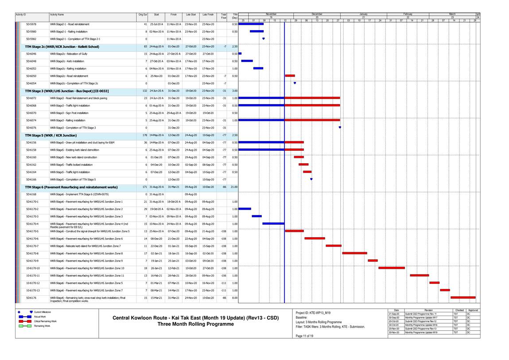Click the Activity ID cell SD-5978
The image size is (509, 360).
(x=31, y=24)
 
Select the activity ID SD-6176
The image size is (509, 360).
(x=31, y=297)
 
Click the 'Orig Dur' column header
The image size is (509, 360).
(x=143, y=15)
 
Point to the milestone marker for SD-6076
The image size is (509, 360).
(x=340, y=127)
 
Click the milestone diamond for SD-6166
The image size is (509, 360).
(x=311, y=179)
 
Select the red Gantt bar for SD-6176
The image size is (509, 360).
(x=462, y=297)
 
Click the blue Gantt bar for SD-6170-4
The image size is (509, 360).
(x=273, y=223)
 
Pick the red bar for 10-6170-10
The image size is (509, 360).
(x=391, y=268)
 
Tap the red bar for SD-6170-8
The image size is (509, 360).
(x=354, y=253)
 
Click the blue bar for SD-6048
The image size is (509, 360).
(x=247, y=61)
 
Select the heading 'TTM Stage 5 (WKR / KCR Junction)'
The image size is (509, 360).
(x=51, y=135)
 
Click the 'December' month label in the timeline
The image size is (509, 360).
(x=317, y=14)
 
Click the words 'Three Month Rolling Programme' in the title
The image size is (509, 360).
(x=195, y=324)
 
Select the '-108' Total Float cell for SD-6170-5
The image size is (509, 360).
(x=223, y=231)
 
